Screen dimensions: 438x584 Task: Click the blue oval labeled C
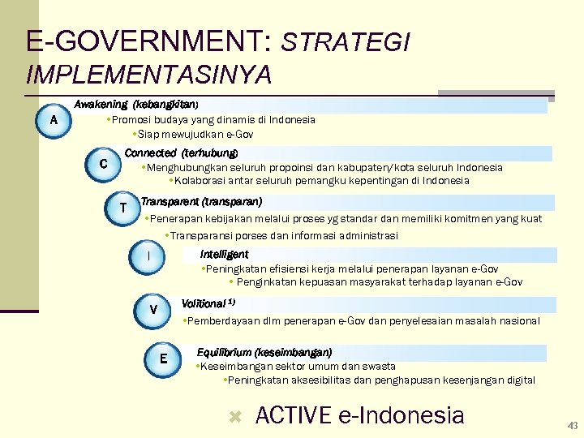point(103,165)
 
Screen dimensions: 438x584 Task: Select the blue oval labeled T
point(122,208)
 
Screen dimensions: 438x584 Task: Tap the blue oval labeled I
point(148,256)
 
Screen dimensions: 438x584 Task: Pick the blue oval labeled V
point(153,310)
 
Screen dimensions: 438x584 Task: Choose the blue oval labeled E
point(164,359)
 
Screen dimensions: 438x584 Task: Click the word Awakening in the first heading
point(101,105)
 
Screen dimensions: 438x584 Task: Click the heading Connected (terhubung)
point(182,153)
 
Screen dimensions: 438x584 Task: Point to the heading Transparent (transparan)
point(201,201)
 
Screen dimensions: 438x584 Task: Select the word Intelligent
point(224,255)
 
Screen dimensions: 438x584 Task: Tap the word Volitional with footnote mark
point(204,303)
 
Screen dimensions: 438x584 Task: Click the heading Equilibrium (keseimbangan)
point(264,353)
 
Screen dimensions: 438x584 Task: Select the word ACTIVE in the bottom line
point(293,416)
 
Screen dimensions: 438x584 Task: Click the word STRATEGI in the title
point(346,42)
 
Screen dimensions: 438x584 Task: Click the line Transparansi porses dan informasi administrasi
point(281,235)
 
